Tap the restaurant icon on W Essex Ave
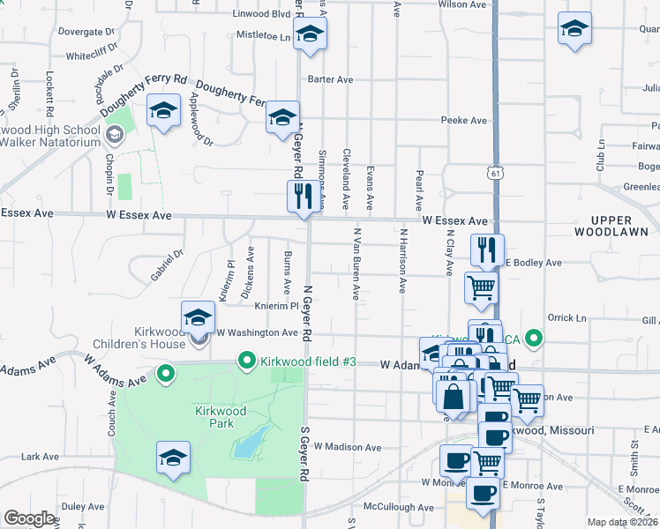tap(302, 197)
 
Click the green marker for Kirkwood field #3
tap(247, 361)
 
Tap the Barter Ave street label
tap(330, 79)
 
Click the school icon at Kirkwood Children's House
tap(198, 319)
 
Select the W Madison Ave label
tap(347, 447)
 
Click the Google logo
tap(29, 518)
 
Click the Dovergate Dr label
tap(80, 32)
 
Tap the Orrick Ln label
tap(566, 317)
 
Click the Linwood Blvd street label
tap(261, 14)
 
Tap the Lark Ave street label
tap(40, 457)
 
